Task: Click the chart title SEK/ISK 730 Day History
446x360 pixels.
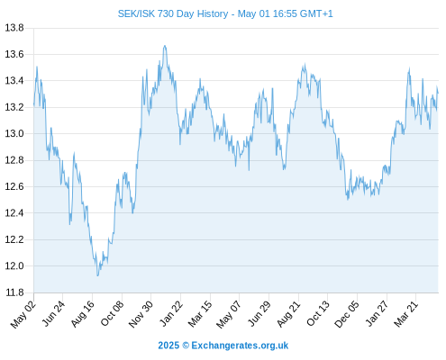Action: [x=173, y=13]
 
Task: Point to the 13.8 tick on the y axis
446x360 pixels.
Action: [x=14, y=28]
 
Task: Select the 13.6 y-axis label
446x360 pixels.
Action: [x=14, y=54]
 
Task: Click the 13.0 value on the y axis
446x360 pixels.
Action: [x=14, y=133]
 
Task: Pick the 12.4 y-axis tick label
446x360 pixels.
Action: [x=14, y=213]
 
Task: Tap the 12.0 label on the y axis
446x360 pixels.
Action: [x=14, y=265]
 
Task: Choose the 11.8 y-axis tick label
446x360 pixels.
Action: [x=14, y=292]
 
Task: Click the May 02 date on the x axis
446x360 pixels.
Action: [x=23, y=314]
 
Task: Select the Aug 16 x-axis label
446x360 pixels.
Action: [x=82, y=314]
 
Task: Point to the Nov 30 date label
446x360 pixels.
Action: [x=141, y=314]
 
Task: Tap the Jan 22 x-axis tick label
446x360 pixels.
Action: [x=171, y=314]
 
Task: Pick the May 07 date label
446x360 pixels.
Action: [x=229, y=314]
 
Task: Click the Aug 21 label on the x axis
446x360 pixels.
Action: [x=288, y=314]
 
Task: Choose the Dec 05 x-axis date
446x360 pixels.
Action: [x=346, y=314]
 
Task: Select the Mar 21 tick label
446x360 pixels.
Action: [x=405, y=314]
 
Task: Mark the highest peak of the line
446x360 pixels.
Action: [x=165, y=46]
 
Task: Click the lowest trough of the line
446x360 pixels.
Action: [x=97, y=275]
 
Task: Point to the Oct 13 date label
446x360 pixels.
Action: [x=318, y=314]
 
